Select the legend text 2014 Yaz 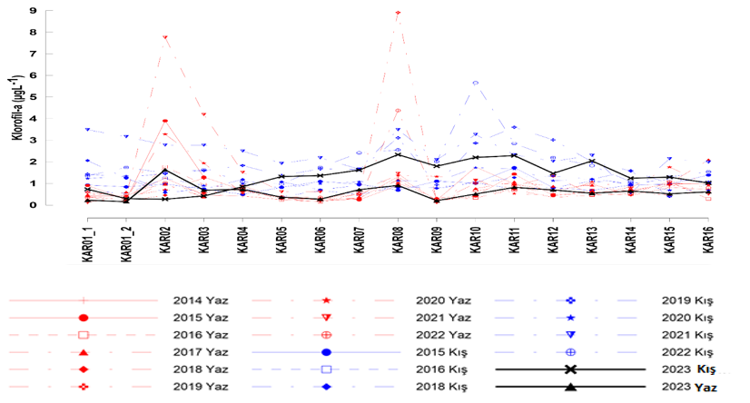197,300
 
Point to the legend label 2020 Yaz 442,300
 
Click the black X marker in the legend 569,369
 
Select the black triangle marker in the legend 569,387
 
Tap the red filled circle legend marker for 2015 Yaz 84,318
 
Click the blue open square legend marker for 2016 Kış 326,369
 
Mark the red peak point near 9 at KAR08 398,13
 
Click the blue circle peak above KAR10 475,83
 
